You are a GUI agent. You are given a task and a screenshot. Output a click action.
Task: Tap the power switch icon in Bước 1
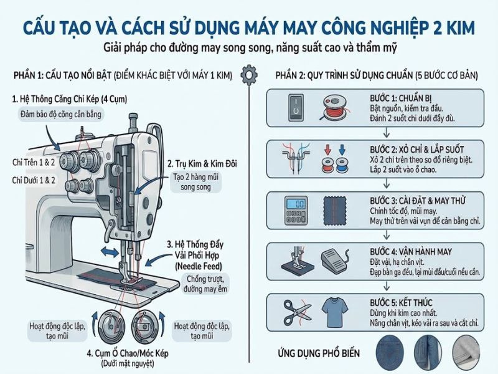pos(294,108)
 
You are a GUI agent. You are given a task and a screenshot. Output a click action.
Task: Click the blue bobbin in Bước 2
pos(341,165)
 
